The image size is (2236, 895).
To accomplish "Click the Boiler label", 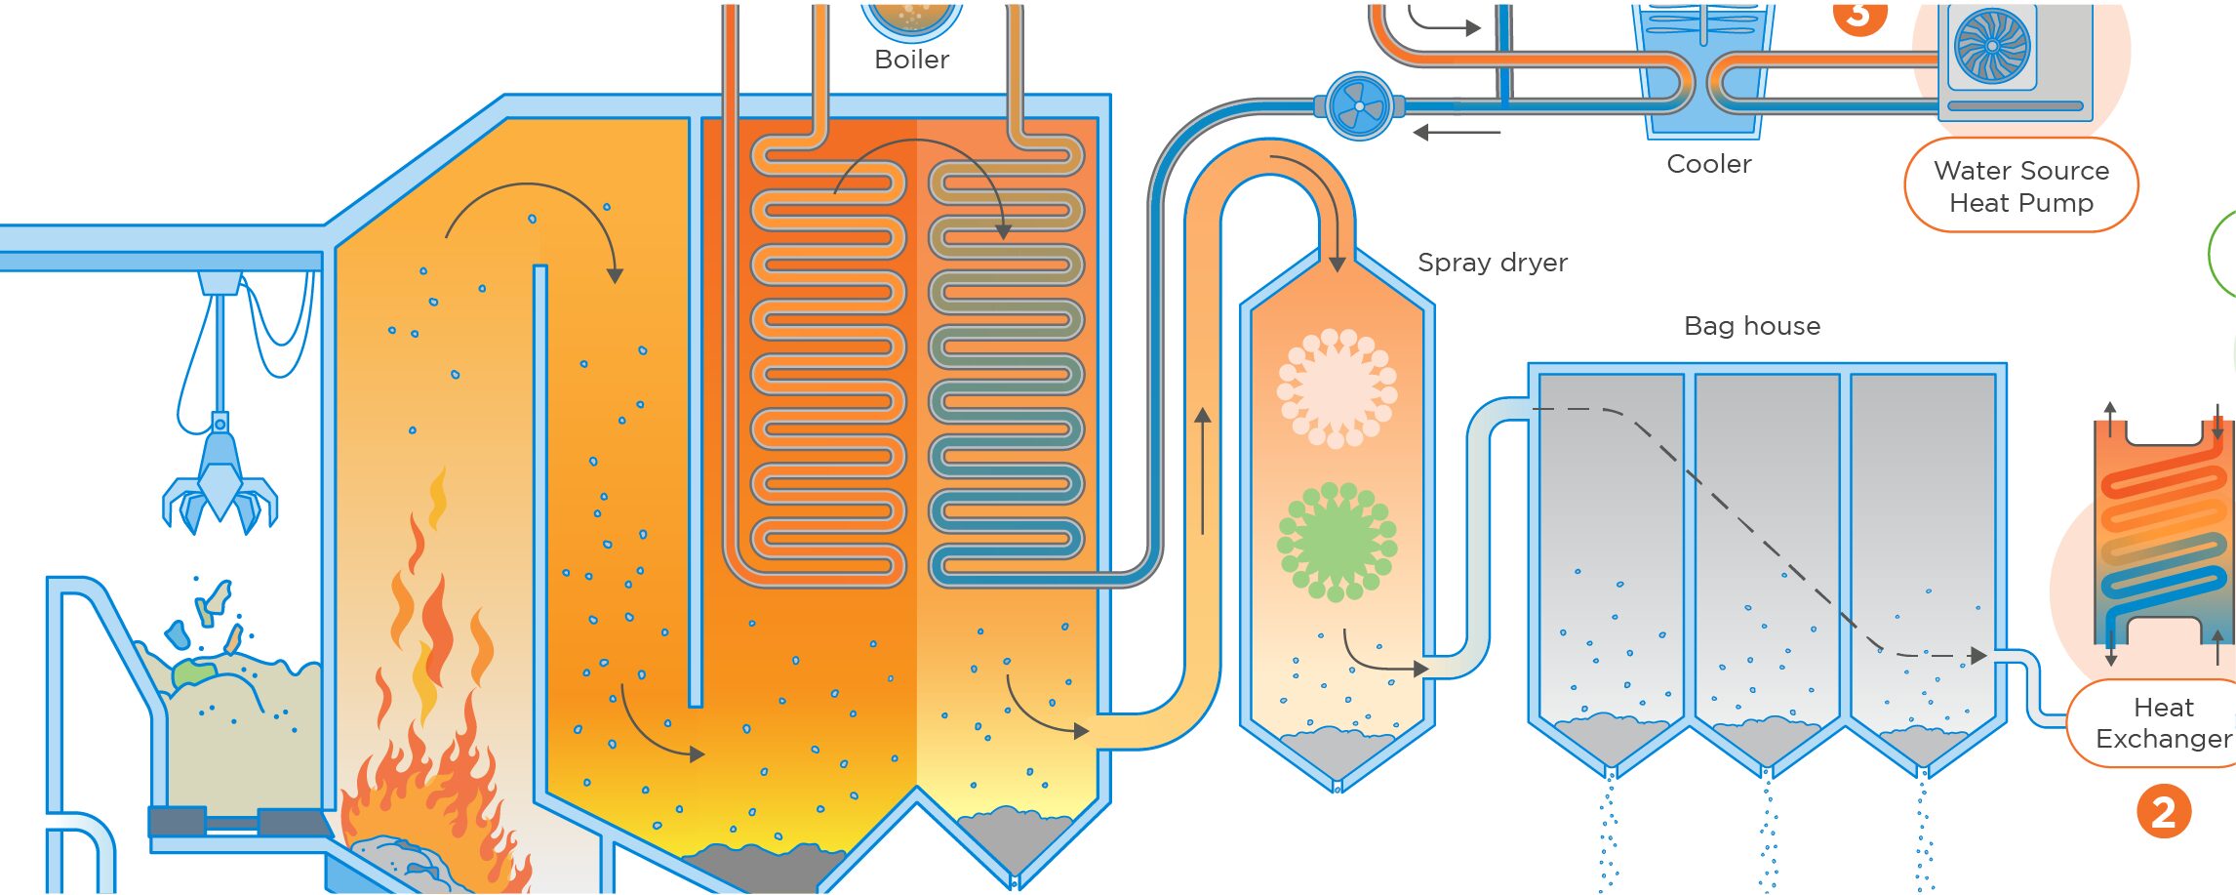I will point(911,60).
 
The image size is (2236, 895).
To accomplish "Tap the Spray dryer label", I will point(1492,263).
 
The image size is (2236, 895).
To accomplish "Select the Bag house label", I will point(1751,326).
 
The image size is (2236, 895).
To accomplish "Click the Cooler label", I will point(1708,164).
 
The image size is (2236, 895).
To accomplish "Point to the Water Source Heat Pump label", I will point(2020,186).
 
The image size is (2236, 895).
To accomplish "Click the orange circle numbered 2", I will point(2163,812).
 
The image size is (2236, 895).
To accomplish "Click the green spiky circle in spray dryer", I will point(1337,541).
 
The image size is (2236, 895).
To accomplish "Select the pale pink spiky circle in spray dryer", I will point(1337,387).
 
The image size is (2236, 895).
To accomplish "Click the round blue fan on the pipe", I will point(1359,106).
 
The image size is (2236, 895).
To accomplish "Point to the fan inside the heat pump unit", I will point(1991,47).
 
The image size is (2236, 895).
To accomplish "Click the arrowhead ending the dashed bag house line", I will point(1978,656).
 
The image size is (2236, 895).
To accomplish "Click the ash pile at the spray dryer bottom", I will point(1336,748).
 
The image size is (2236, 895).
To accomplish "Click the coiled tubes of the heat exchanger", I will point(2162,542).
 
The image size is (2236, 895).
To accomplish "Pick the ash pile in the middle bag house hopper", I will point(1766,737).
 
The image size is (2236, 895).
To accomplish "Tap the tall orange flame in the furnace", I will point(429,625).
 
